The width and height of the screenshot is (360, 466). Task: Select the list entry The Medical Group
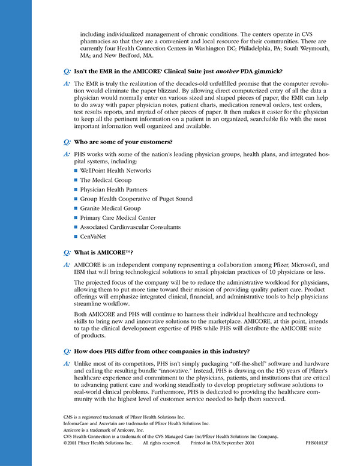[106, 180]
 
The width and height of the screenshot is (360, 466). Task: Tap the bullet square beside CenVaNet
[76, 237]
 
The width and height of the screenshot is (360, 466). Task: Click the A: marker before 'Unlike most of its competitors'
[67, 365]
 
